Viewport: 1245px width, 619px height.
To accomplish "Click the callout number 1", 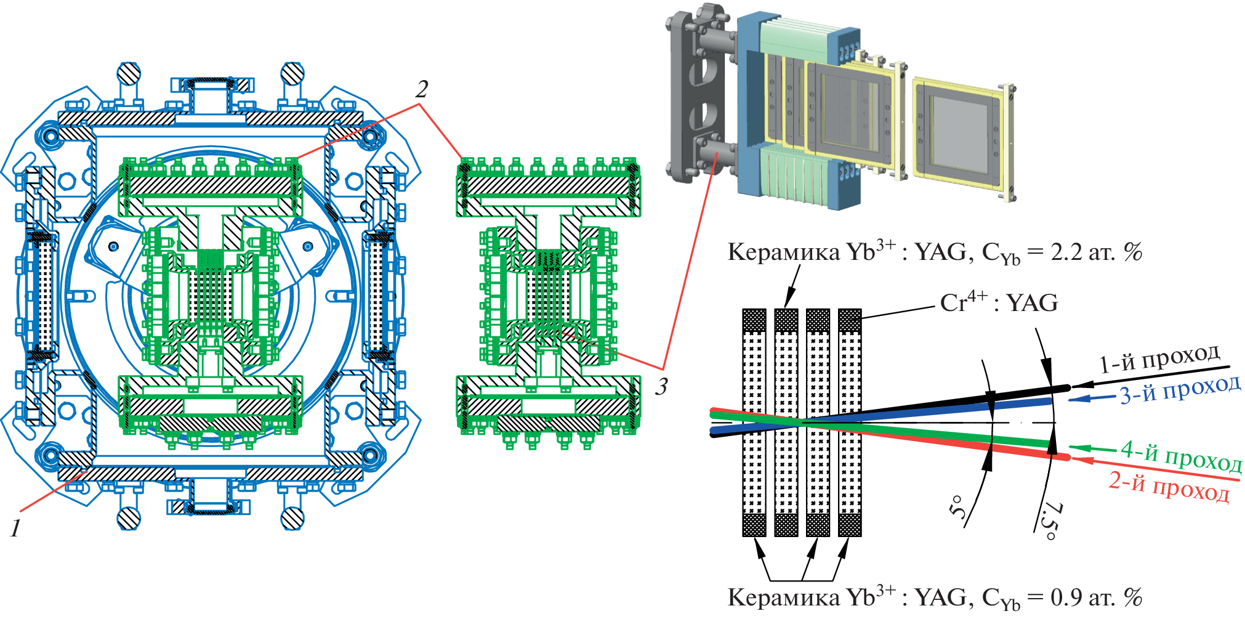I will coord(15,528).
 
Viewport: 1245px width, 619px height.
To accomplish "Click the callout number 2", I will coord(421,90).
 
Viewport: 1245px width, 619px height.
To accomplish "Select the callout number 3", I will coord(661,387).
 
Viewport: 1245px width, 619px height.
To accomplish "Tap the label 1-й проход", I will coord(1159,360).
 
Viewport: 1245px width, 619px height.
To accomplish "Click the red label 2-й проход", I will coord(1169,487).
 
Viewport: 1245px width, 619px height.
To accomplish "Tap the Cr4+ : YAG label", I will coord(999,303).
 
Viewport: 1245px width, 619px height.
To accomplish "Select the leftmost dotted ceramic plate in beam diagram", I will coord(754,423).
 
